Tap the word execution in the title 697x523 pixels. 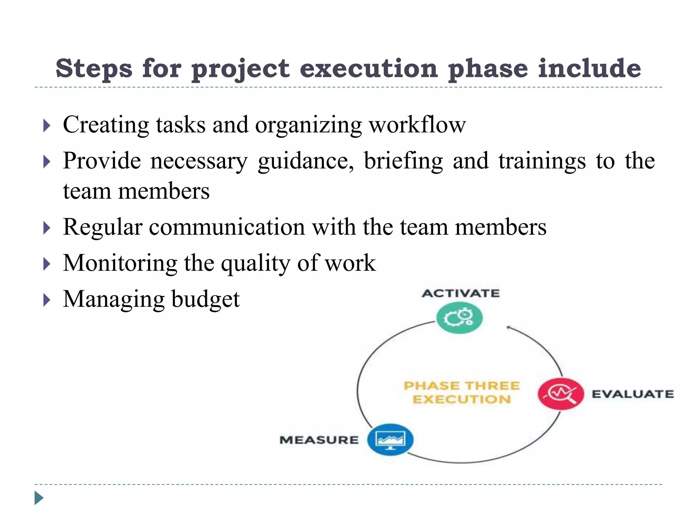[368, 68]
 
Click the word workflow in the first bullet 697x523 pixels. [417, 125]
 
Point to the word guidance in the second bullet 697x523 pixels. [306, 161]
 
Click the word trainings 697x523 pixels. [542, 161]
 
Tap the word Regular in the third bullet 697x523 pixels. [102, 227]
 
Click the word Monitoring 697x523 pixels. [120, 263]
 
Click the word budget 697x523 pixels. [206, 299]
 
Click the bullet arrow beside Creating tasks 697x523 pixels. [47, 126]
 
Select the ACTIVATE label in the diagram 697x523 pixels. [460, 293]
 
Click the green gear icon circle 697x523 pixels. [459, 318]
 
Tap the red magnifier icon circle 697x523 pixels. [561, 394]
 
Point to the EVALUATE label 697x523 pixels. [632, 394]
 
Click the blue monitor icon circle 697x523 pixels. [390, 440]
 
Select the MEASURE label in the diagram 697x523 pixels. [319, 440]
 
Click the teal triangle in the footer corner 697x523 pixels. [39, 498]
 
